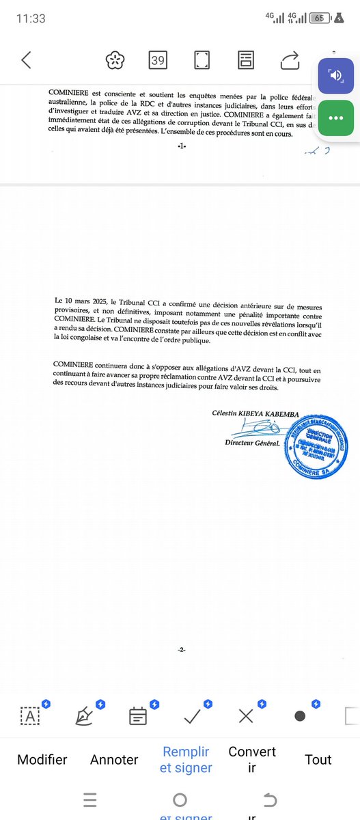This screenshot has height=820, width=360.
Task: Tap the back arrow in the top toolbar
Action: (x=26, y=60)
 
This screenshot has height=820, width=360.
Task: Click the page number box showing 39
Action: (x=158, y=60)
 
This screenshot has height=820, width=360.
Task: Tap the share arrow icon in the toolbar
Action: (x=290, y=60)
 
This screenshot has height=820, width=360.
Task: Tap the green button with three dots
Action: (x=335, y=118)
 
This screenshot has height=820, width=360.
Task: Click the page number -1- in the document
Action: (x=181, y=146)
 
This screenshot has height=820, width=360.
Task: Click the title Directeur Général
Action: (x=252, y=443)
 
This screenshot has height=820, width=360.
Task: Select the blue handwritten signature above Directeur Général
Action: (x=254, y=428)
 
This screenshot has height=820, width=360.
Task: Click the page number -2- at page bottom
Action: (x=181, y=650)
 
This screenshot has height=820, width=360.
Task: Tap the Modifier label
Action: (x=42, y=759)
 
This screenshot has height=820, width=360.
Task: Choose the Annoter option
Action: (x=114, y=759)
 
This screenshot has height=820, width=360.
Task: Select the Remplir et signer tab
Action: (x=186, y=759)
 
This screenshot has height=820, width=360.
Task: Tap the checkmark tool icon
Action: (x=193, y=715)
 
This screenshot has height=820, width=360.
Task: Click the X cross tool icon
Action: (x=246, y=715)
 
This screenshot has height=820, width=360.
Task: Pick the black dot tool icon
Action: (x=299, y=715)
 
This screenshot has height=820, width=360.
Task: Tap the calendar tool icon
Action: (x=138, y=715)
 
